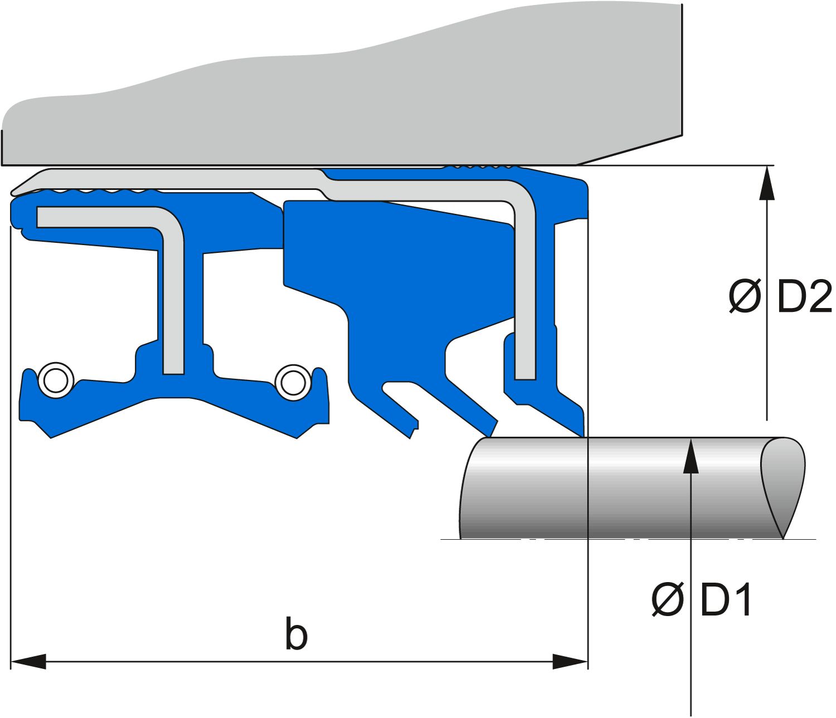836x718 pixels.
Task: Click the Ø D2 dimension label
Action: coord(780,297)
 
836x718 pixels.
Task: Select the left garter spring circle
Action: coord(56,380)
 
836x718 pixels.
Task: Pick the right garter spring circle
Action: coord(293,383)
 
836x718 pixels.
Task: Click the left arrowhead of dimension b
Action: coord(27,662)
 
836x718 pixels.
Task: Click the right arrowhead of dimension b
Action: coord(570,662)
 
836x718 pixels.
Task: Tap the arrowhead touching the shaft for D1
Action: coord(691,455)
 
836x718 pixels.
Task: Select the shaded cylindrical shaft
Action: coord(631,488)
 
